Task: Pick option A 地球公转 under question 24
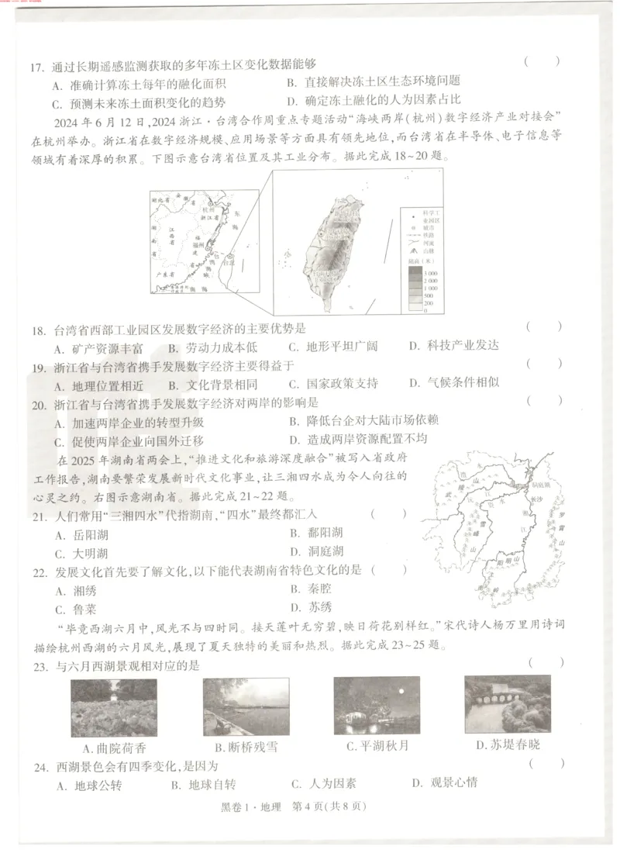(x=88, y=785)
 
